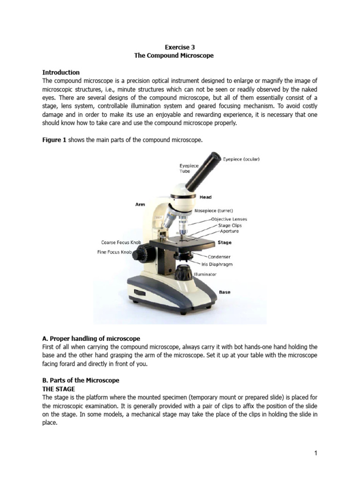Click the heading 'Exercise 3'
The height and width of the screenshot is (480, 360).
click(180, 47)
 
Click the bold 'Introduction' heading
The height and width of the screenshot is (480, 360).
click(61, 72)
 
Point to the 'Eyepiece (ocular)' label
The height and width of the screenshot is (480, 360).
click(241, 159)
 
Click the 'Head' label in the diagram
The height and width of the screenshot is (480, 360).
click(206, 197)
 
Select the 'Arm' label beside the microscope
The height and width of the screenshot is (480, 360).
click(140, 205)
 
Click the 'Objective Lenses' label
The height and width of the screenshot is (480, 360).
click(229, 219)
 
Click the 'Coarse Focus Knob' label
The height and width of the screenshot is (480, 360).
click(121, 242)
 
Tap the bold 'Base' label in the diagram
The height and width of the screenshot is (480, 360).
click(225, 292)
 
